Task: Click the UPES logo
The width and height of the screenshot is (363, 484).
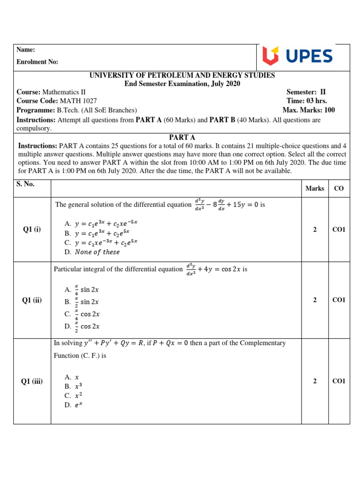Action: [x=298, y=56]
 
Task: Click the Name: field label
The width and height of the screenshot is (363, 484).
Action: [x=26, y=50]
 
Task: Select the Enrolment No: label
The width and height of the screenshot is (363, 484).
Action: [x=37, y=62]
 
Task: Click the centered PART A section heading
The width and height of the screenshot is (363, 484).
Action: [x=181, y=137]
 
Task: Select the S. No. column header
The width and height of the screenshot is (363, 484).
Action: [x=26, y=184]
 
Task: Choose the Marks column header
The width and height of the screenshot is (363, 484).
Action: [x=315, y=188]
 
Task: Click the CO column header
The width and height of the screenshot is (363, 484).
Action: [x=339, y=188]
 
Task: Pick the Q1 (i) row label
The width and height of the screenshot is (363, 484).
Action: [x=32, y=230]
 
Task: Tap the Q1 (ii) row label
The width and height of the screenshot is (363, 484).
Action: [x=32, y=300]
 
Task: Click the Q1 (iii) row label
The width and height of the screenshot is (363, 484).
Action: [x=32, y=381]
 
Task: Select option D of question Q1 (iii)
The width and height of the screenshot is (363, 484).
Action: [x=73, y=405]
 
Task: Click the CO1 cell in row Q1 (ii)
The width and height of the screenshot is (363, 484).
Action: [x=339, y=300]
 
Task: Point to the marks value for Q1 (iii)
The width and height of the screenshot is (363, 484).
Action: [x=315, y=381]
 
